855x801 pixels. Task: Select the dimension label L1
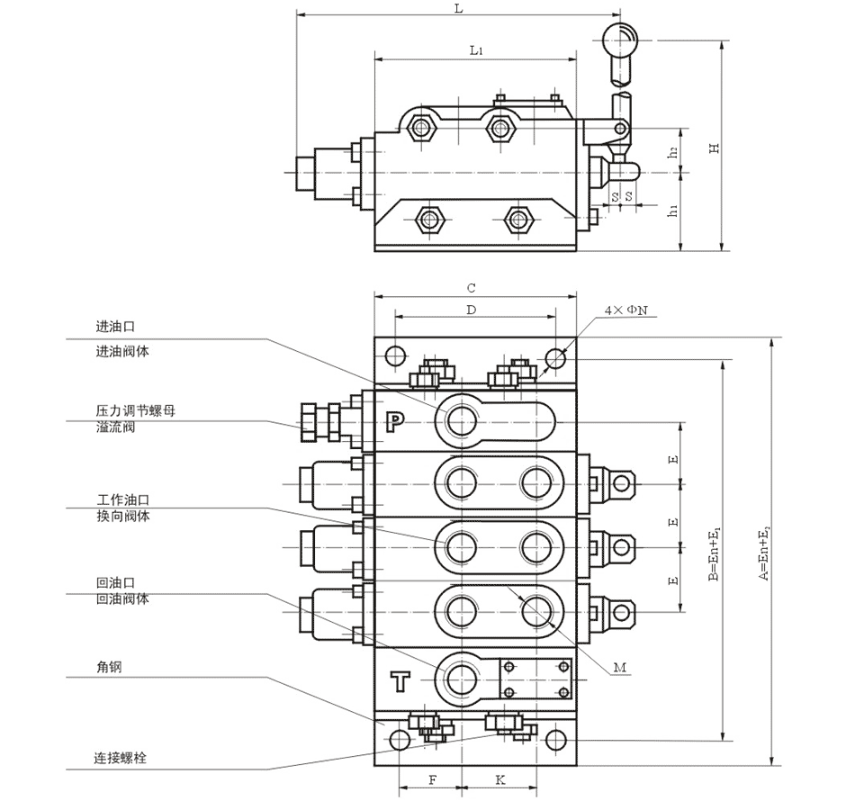(476, 50)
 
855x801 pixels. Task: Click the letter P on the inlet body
(396, 420)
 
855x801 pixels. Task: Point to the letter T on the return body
(400, 681)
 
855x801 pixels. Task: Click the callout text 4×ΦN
(625, 310)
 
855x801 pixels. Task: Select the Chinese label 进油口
(115, 327)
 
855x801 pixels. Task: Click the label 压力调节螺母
(136, 410)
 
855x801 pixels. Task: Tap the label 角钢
(109, 666)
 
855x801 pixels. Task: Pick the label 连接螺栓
(121, 757)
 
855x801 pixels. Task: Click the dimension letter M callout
(619, 668)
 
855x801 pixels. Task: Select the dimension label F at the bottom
(432, 779)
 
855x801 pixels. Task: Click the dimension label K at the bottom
(500, 779)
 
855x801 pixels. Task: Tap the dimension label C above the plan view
(472, 288)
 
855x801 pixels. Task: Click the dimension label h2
(673, 152)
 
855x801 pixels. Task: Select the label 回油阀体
(122, 598)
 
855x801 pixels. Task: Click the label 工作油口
(122, 499)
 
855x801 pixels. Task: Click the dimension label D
(472, 310)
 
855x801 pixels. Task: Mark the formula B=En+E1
(714, 553)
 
